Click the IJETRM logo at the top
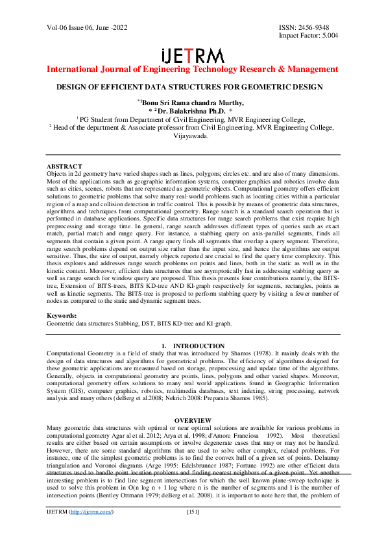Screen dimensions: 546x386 tap(192, 55)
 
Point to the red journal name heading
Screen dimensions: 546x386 tap(192, 69)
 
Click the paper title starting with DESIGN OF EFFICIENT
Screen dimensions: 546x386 tap(192, 87)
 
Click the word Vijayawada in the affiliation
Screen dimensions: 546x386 tap(192, 136)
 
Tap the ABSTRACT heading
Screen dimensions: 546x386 tap(65, 167)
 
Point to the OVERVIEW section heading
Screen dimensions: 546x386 tap(192, 421)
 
